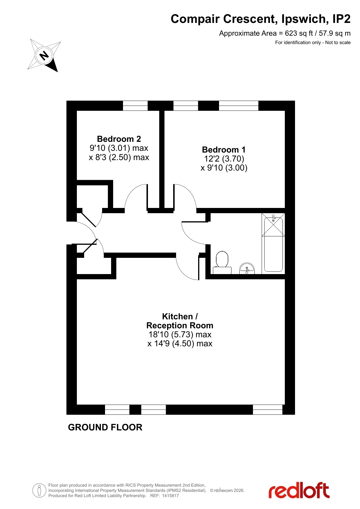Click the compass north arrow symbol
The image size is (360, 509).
click(44, 55)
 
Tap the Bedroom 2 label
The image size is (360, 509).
click(119, 139)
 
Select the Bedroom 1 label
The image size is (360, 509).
click(224, 150)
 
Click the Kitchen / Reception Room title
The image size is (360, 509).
click(180, 321)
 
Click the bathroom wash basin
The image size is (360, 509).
click(247, 269)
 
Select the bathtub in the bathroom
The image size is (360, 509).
click(274, 244)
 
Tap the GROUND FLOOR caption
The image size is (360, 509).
click(105, 427)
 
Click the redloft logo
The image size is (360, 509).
click(299, 490)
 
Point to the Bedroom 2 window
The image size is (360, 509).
click(135, 106)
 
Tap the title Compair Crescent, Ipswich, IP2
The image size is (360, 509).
click(260, 19)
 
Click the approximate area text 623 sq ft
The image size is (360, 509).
click(299, 33)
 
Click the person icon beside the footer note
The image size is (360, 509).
click(39, 490)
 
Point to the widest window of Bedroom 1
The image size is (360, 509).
click(238, 106)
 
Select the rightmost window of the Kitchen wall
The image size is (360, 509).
click(267, 410)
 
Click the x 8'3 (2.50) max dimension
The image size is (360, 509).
click(119, 157)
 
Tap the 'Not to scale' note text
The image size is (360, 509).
click(338, 43)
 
